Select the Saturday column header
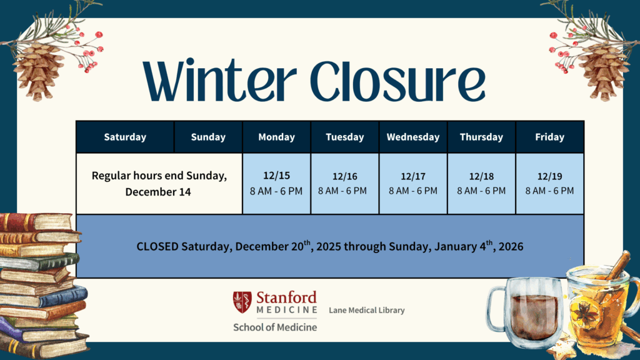[x=125, y=137]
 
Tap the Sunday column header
[x=208, y=137]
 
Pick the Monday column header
[x=276, y=137]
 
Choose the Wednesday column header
[x=412, y=137]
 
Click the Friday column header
[x=549, y=137]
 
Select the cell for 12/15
[x=276, y=184]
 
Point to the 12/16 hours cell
[x=344, y=184]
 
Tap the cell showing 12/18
[x=481, y=184]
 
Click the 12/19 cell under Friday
[x=549, y=184]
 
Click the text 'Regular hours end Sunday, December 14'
[x=159, y=184]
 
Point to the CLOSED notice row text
[x=329, y=246]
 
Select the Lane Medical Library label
[x=367, y=310]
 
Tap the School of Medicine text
[x=275, y=327]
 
